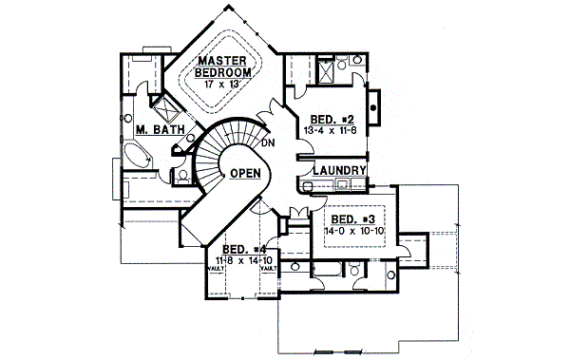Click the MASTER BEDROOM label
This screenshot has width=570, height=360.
click(x=223, y=66)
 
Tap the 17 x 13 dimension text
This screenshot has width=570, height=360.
click(x=223, y=84)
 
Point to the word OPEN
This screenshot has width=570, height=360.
click(x=245, y=173)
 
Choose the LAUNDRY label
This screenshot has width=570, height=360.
click(x=339, y=171)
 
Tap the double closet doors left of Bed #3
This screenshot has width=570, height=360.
click(x=302, y=211)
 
